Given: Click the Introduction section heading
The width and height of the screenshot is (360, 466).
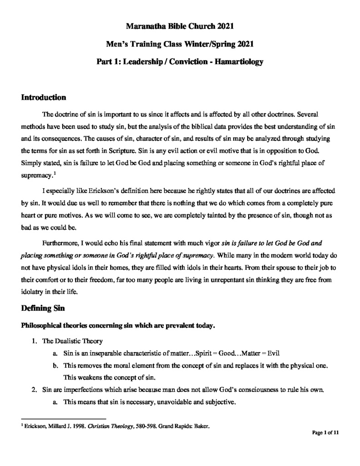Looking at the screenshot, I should click(x=44, y=97).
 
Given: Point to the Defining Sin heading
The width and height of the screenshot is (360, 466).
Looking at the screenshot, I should click(x=44, y=308).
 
